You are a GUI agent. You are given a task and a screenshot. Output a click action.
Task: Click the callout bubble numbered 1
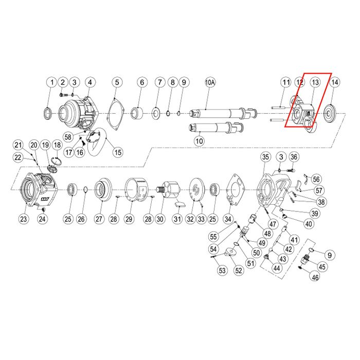click(52, 82)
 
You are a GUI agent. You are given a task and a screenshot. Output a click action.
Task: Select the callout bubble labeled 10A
click(210, 82)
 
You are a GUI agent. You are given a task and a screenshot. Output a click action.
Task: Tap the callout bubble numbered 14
click(335, 82)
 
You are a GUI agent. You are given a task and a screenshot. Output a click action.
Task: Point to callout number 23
click(24, 219)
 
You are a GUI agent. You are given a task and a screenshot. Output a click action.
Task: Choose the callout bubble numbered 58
click(68, 137)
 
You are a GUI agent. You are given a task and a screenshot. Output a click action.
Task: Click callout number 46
click(315, 277)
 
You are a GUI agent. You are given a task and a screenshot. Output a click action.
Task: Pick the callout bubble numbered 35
click(265, 157)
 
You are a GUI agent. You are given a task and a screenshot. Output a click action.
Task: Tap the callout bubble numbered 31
click(177, 219)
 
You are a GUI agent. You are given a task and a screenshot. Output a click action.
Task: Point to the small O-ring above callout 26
click(85, 189)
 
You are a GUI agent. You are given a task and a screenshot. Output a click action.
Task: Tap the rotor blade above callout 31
click(179, 204)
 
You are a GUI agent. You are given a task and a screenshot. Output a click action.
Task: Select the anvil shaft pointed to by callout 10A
click(223, 113)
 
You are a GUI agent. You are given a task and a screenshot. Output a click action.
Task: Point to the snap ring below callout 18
click(57, 160)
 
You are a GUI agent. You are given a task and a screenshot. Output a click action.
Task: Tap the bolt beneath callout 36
click(291, 170)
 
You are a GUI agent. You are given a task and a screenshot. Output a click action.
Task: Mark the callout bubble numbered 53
click(222, 270)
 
